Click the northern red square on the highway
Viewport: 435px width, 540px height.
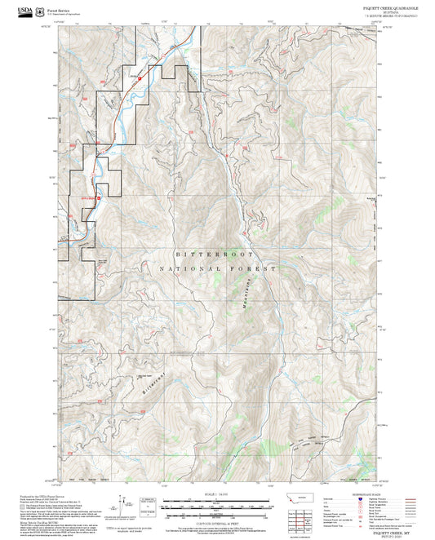pos(140,78)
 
